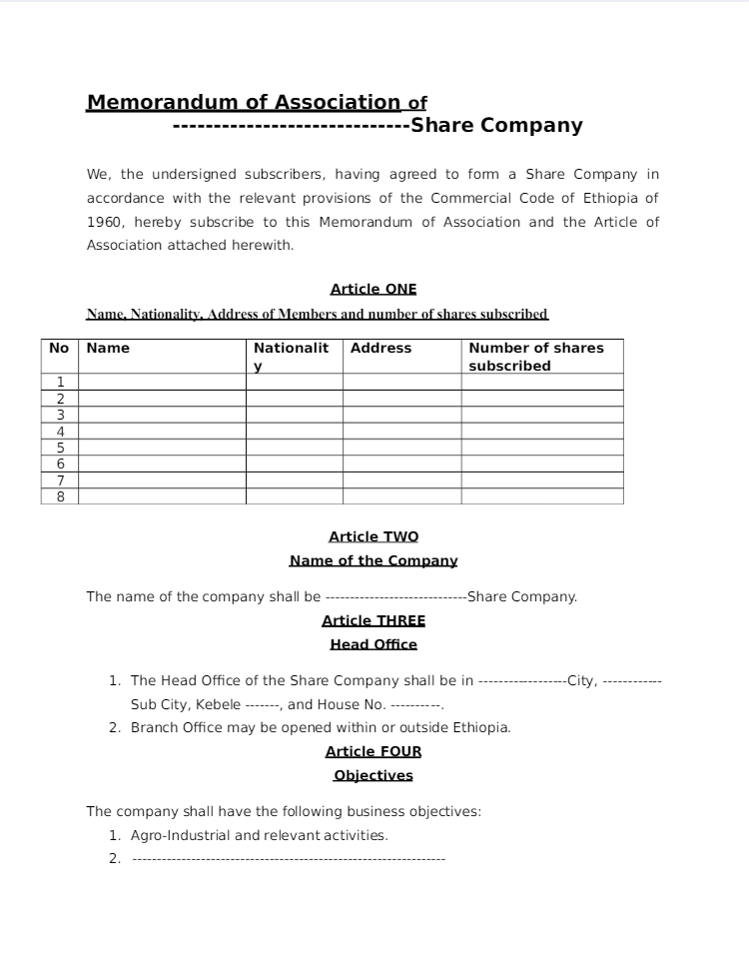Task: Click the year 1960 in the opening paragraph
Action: (105, 222)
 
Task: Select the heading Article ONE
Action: (374, 289)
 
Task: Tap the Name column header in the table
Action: (108, 348)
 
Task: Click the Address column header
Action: (380, 348)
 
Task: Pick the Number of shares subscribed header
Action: (536, 357)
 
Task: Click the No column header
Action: (59, 348)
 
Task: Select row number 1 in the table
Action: (60, 382)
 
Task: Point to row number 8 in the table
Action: (60, 496)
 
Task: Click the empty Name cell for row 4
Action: (162, 431)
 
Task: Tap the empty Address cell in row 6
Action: (401, 464)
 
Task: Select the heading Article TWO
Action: (374, 536)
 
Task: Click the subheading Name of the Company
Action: (374, 560)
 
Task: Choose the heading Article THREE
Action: (374, 620)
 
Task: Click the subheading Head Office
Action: (374, 644)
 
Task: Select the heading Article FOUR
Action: (374, 751)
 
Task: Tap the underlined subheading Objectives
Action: (374, 775)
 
